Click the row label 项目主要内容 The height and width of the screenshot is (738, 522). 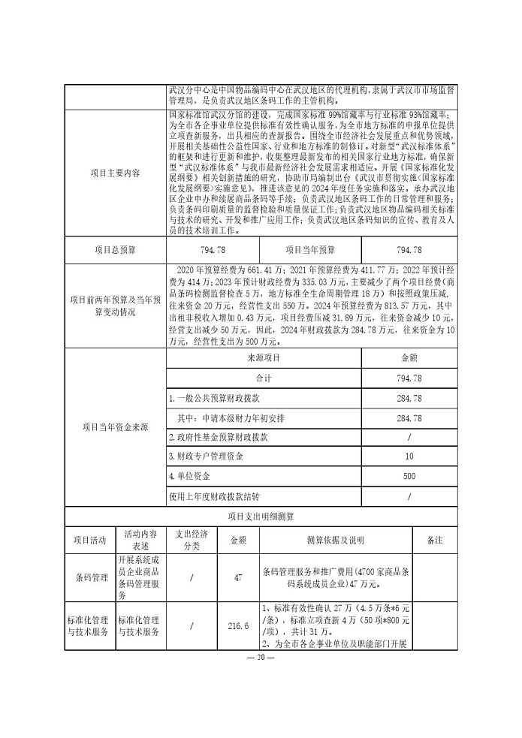click(x=116, y=172)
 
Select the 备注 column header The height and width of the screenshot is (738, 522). click(x=434, y=540)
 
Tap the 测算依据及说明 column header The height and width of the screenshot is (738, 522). click(x=336, y=540)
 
